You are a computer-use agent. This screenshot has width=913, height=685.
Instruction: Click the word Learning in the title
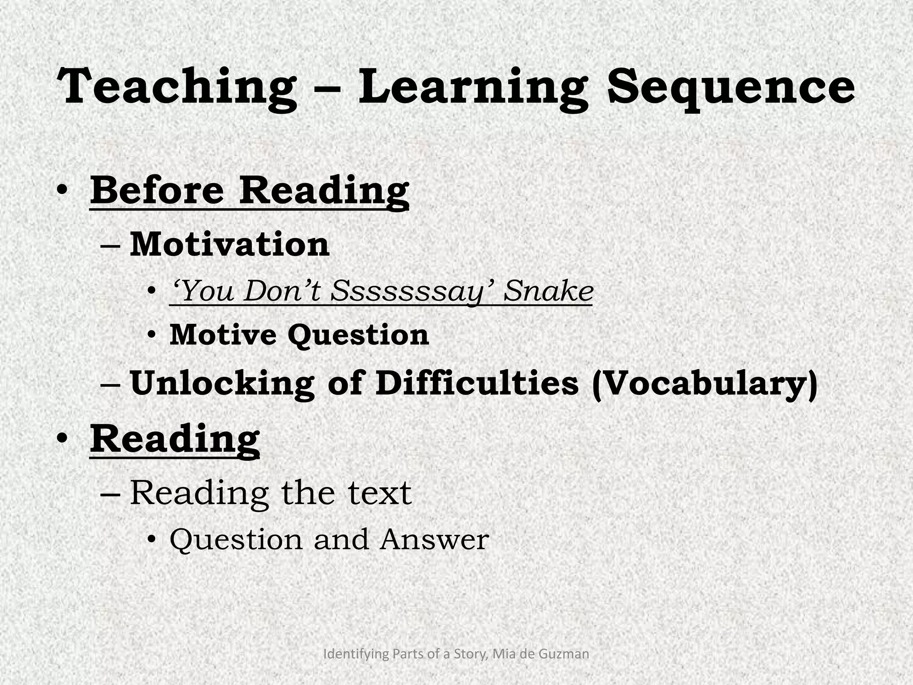pos(473,87)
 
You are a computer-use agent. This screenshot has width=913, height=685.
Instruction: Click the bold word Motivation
pos(230,245)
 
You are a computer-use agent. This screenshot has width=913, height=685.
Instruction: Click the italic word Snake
pos(549,291)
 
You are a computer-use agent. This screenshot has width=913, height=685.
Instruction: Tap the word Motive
pos(222,334)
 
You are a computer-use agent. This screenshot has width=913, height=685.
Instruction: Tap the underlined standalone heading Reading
pos(175,440)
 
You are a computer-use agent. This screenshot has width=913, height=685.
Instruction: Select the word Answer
pos(434,540)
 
